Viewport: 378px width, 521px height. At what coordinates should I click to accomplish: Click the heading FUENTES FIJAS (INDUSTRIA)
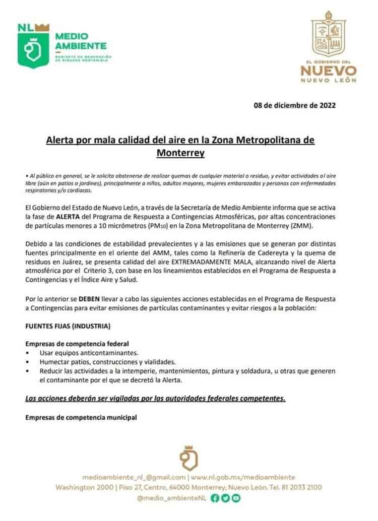pos(68,326)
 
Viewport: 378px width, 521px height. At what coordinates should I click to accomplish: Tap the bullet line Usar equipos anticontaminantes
pos(89,353)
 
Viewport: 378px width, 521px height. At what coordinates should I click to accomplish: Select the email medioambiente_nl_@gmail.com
pos(134,477)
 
